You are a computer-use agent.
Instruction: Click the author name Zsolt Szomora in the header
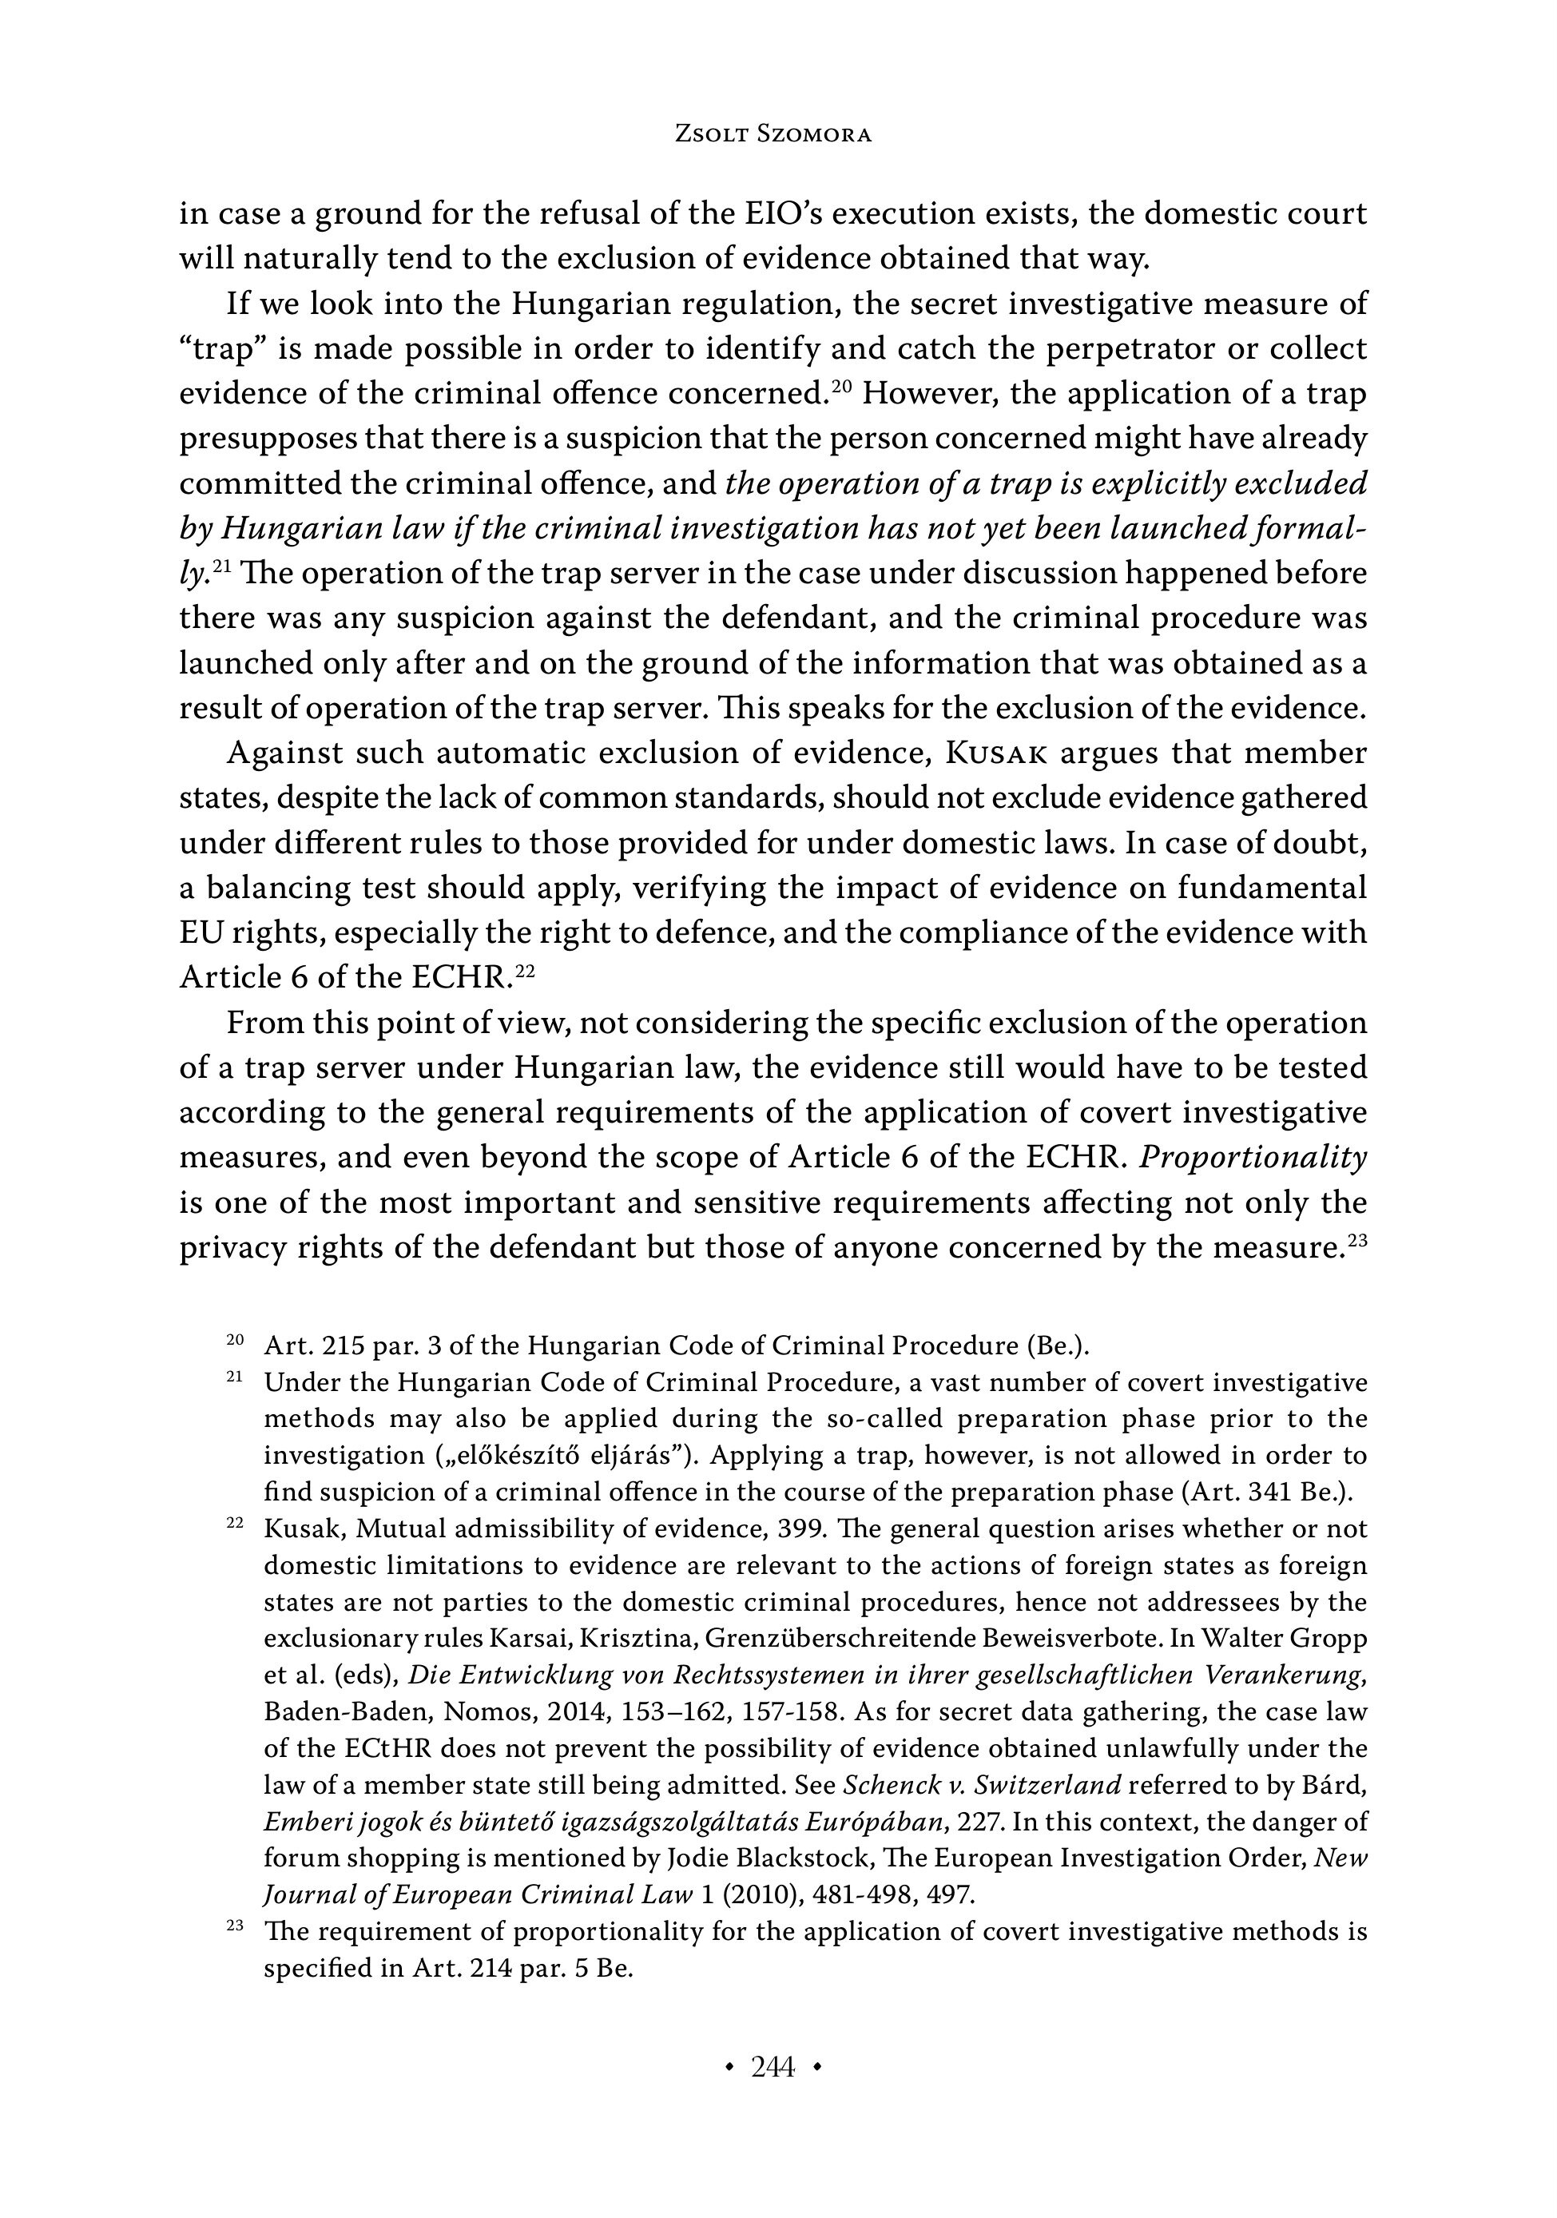point(772,135)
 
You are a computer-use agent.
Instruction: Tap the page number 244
point(772,2066)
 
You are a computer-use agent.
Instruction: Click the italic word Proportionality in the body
point(1253,1157)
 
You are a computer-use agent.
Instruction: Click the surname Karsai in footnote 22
point(523,1640)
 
